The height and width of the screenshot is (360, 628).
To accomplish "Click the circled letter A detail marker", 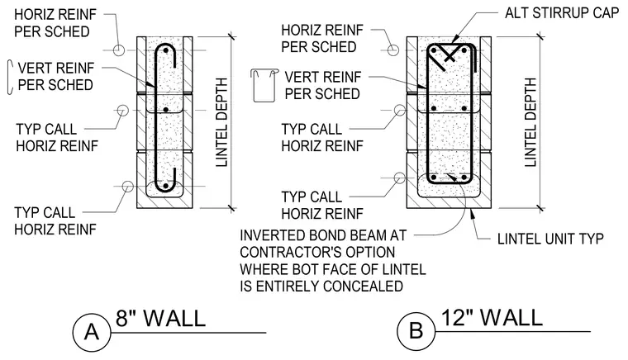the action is [x=92, y=333].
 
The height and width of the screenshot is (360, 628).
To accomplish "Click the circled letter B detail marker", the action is [x=416, y=331].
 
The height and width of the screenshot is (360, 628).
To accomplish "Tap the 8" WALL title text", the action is [x=160, y=319].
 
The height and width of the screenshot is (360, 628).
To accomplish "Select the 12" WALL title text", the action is [x=492, y=317].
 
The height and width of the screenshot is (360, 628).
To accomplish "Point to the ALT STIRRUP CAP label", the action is [x=562, y=13].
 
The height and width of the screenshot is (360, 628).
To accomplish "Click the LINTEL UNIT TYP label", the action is [x=550, y=239].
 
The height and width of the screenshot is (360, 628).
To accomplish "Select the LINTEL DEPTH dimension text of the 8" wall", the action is [x=221, y=122].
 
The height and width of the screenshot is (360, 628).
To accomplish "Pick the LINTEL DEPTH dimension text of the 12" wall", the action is [x=530, y=122].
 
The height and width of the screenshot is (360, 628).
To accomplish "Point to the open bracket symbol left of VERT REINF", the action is [x=9, y=78].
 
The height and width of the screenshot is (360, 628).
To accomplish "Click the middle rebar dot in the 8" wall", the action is [x=166, y=109].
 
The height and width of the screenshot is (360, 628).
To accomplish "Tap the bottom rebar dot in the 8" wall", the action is [x=165, y=186].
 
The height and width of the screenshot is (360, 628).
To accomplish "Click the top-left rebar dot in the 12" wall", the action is [x=433, y=51].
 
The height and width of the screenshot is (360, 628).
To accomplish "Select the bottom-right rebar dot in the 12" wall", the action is [x=464, y=177].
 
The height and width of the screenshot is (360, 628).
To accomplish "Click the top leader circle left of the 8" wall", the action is [x=118, y=50].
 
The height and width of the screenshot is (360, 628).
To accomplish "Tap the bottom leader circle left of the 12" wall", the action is [x=399, y=178].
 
